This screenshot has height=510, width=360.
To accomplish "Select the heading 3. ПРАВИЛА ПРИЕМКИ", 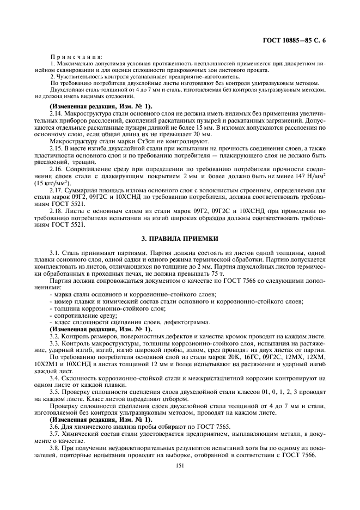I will click(180, 239).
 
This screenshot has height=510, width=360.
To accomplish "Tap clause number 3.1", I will click(54, 254).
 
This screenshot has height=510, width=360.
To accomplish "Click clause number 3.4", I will click(54, 377).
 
